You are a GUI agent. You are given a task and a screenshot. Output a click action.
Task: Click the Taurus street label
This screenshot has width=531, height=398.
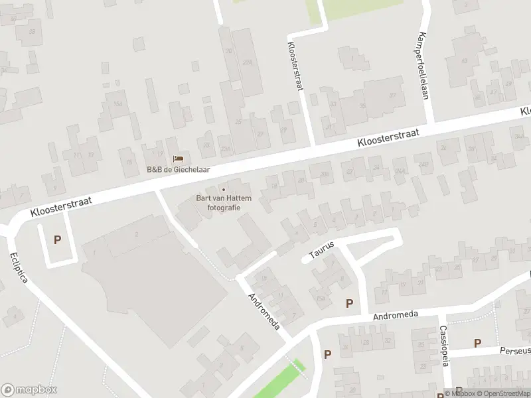click(x=322, y=249)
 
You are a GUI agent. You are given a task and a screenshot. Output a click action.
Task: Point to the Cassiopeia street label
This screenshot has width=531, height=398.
click(x=444, y=346)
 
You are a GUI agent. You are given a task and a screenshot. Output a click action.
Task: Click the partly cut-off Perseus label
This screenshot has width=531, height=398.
click(x=516, y=350)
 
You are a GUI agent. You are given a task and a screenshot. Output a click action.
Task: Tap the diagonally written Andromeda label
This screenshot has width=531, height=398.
click(x=264, y=312)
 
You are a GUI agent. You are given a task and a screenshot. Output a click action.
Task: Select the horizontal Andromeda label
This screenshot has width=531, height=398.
click(x=396, y=314)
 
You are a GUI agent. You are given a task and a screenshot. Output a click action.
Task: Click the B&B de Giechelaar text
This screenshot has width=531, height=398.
click(x=178, y=169)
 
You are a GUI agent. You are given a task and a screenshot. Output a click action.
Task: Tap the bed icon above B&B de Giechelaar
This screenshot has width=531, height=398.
click(x=178, y=159)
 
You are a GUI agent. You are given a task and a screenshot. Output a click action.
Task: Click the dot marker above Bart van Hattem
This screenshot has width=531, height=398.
click(x=223, y=190)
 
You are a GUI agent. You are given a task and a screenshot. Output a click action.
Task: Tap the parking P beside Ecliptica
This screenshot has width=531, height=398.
click(x=57, y=240)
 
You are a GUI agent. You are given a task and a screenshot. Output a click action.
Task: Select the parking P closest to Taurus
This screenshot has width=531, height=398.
click(x=350, y=303)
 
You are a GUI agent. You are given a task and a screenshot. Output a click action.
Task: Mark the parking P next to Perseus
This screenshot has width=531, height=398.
click(x=477, y=343)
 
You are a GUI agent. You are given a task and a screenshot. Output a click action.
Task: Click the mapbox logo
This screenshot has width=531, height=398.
click(x=29, y=389)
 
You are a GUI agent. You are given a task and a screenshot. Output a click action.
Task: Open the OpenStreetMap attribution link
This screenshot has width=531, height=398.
click(x=505, y=393)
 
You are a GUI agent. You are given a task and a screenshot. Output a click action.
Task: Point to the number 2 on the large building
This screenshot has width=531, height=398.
click(x=137, y=234)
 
